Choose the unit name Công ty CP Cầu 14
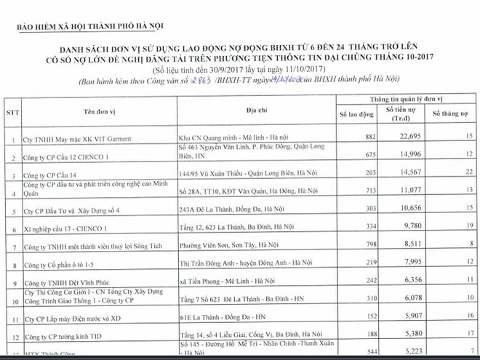click(x=51, y=175)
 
